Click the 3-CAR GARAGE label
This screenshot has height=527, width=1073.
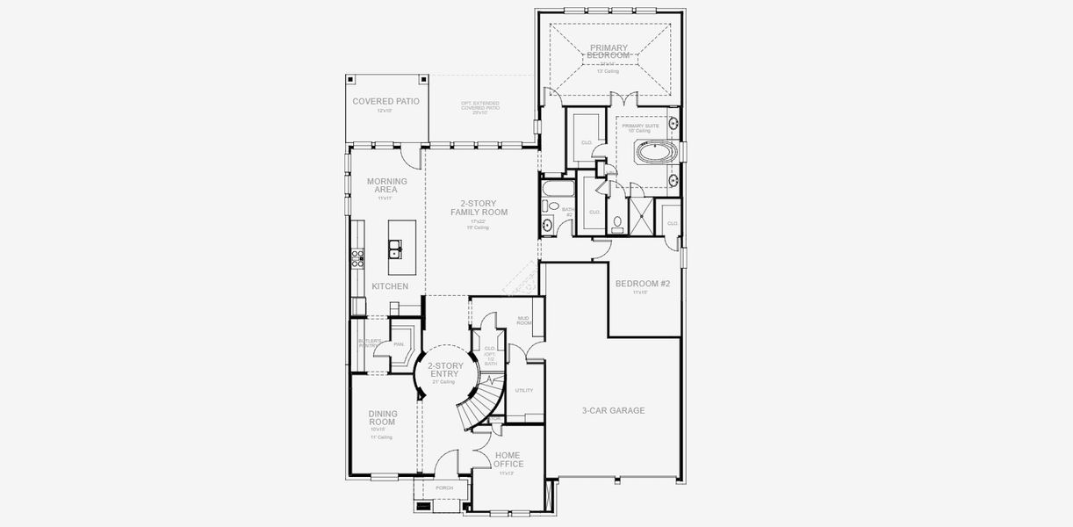(613, 410)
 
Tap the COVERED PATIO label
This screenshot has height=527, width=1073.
(385, 102)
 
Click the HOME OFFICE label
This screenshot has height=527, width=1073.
(508, 458)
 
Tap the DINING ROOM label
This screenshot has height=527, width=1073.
(382, 418)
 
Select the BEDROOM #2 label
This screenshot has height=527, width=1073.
(642, 284)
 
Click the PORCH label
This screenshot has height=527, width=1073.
(444, 487)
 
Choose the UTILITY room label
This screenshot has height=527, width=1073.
(524, 390)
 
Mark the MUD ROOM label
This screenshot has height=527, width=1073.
(523, 321)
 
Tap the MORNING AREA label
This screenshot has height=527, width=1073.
(386, 185)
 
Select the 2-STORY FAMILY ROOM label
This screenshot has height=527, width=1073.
(479, 208)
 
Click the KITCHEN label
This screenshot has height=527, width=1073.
(389, 286)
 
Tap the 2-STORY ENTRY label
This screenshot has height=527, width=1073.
(445, 370)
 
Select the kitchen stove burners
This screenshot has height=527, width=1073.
(357, 258)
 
